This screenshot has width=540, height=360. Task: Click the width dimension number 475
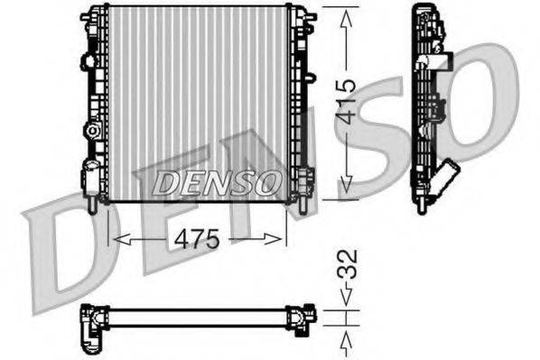197,240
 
